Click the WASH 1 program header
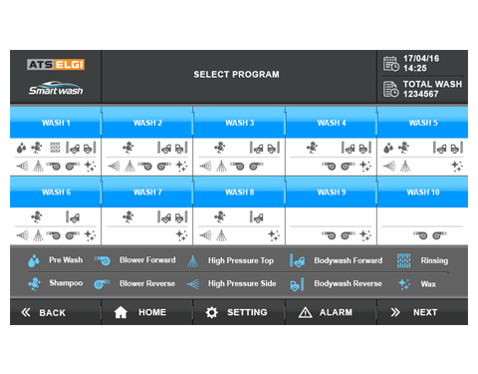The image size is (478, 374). [x=56, y=123]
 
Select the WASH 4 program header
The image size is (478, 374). [x=331, y=123]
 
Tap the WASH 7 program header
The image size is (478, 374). [x=147, y=191]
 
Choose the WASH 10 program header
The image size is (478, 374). [x=423, y=191]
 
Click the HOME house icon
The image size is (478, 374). [x=120, y=312]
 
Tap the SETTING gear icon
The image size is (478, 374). [x=212, y=312]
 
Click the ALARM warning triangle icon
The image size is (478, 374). [x=305, y=312]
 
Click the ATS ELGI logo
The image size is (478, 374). [x=56, y=64]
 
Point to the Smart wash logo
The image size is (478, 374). [x=56, y=88]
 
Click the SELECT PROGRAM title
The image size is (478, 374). [x=236, y=74]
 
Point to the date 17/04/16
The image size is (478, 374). [x=421, y=59]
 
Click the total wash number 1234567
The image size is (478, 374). [x=420, y=94]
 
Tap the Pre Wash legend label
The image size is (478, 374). [x=66, y=260]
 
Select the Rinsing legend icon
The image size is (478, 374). [x=403, y=260]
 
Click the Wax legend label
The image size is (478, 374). [x=428, y=284]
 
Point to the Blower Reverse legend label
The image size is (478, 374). [x=147, y=283]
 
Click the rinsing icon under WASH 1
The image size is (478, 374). [x=55, y=148]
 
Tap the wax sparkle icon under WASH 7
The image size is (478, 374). [x=181, y=235]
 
